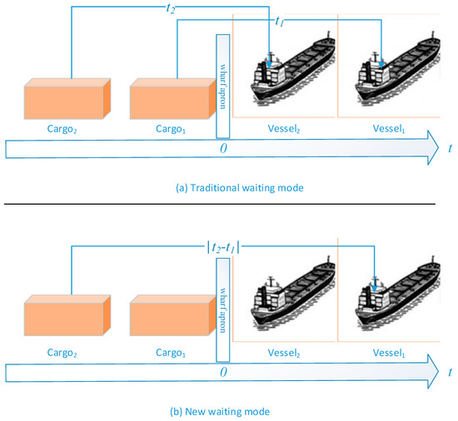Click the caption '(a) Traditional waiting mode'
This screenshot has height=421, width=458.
coord(227,188)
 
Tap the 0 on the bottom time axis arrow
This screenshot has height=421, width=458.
coord(222,373)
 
